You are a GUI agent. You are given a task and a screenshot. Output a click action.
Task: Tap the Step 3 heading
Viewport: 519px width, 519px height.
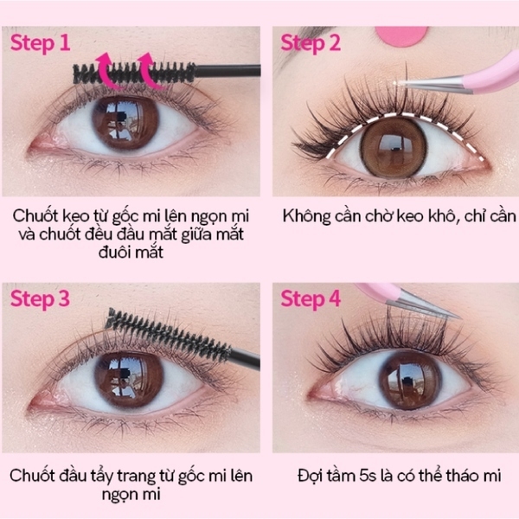pos(41,299)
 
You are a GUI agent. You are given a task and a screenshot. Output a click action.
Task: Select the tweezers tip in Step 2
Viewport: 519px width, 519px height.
pos(400,83)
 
